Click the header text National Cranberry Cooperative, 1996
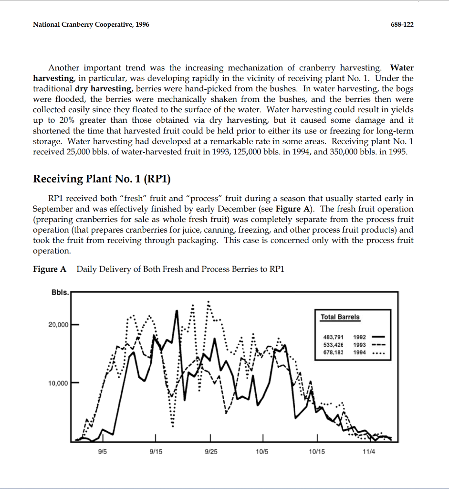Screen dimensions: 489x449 pyautogui.click(x=91, y=24)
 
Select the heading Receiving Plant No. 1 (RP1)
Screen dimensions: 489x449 pyautogui.click(x=102, y=179)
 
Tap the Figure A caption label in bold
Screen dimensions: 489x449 pyautogui.click(x=50, y=269)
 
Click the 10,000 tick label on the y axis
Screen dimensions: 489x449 pyautogui.click(x=59, y=383)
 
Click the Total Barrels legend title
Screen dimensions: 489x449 pyautogui.click(x=340, y=317)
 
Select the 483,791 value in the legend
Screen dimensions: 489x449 pyautogui.click(x=334, y=338)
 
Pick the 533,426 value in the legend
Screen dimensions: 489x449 pyautogui.click(x=334, y=345)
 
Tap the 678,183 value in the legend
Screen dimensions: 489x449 pyautogui.click(x=334, y=352)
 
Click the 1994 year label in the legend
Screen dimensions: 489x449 pyautogui.click(x=360, y=352)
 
